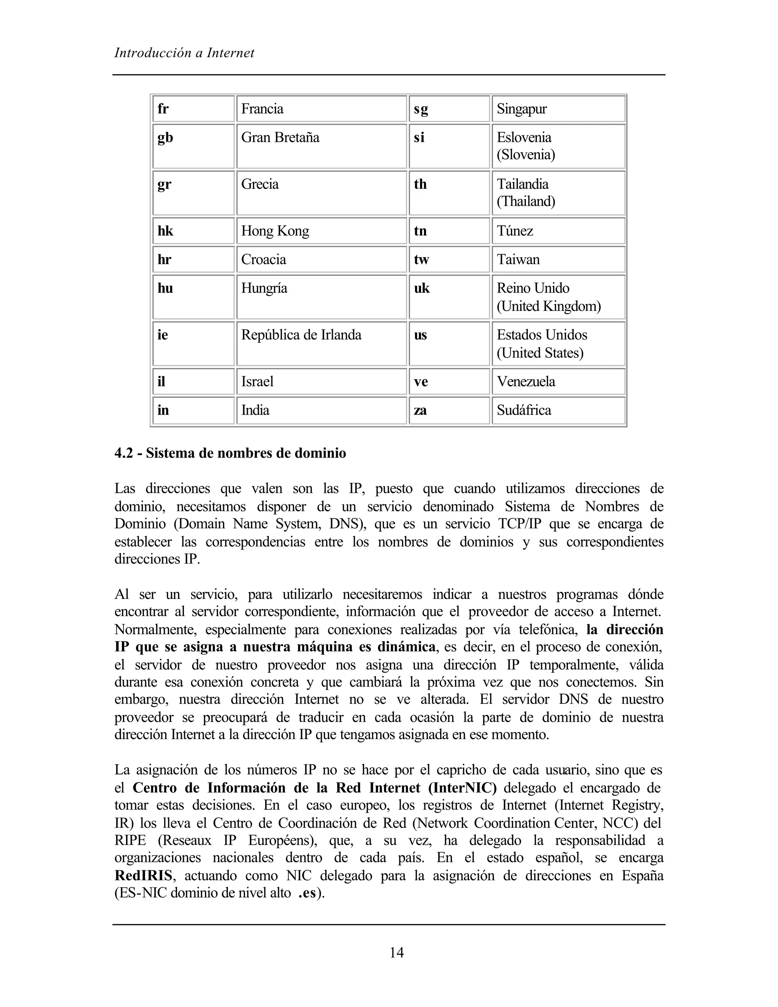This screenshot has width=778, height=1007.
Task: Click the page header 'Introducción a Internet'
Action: [x=184, y=53]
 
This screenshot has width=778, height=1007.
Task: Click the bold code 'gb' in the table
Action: [x=165, y=138]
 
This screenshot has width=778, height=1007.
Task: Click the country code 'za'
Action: [x=420, y=410]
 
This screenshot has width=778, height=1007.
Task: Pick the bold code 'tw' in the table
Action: [x=421, y=260]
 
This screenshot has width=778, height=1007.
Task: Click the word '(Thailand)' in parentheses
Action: [x=525, y=201]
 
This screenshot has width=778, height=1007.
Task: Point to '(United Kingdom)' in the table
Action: [x=549, y=306]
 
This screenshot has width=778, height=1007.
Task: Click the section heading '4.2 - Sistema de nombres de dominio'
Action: [x=230, y=453]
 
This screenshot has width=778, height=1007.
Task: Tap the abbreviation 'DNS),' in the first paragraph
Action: [x=345, y=524]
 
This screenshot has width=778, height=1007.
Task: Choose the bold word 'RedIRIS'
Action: [x=143, y=875]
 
